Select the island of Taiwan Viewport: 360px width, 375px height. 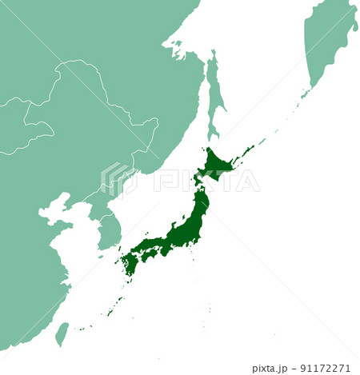[62, 334]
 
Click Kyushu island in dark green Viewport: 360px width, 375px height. [130, 261]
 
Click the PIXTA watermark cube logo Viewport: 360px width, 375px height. [115, 178]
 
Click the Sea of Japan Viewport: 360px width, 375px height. [160, 200]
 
